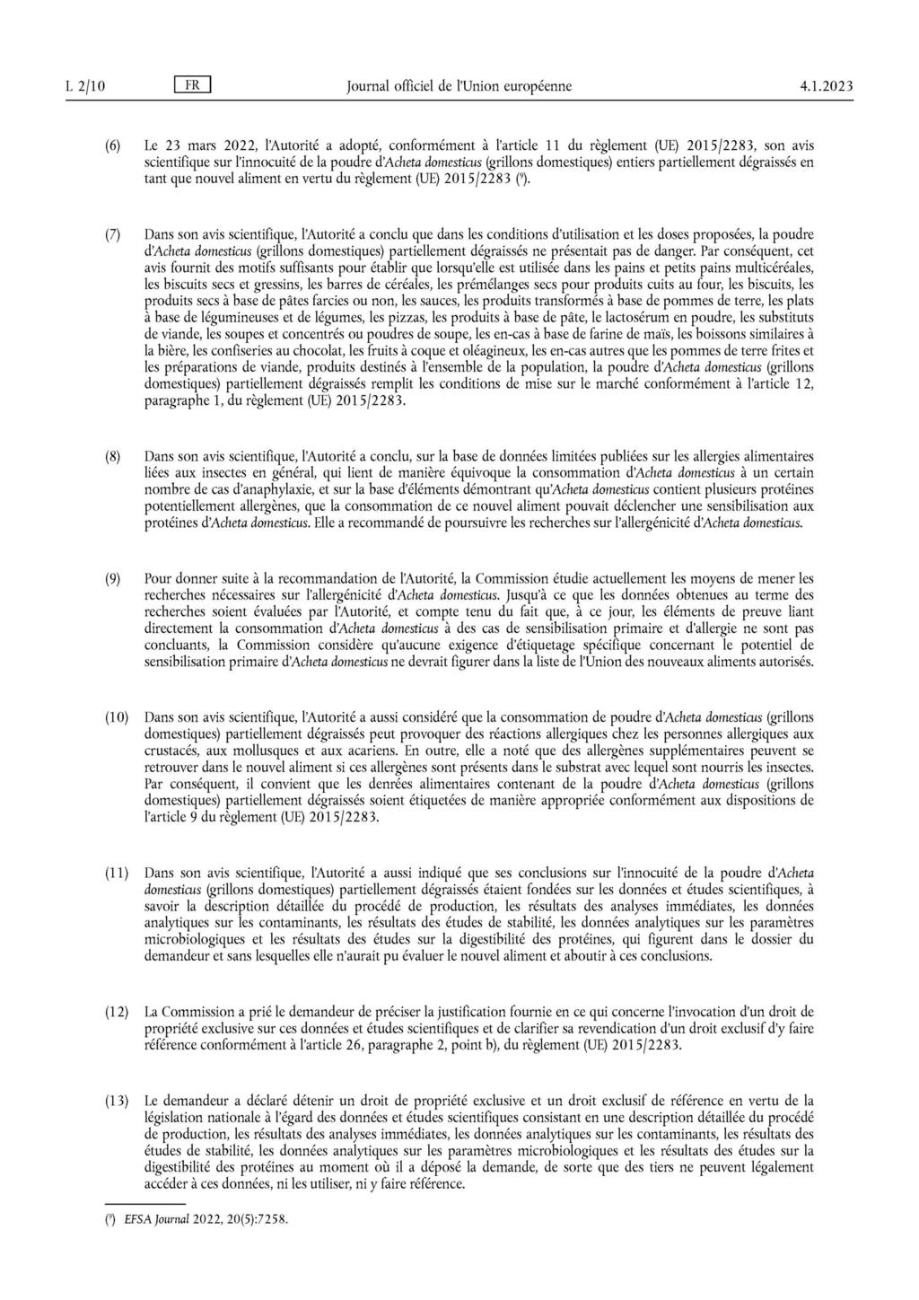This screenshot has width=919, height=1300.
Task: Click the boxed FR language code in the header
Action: pos(193,86)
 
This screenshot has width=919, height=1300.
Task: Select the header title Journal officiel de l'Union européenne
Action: pos(458,86)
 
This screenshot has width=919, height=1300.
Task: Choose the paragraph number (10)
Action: pos(117,717)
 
